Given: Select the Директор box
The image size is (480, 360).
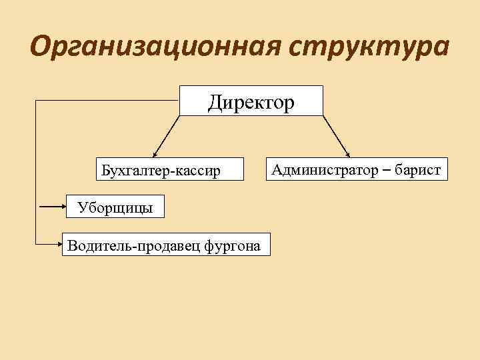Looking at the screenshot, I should (x=251, y=101).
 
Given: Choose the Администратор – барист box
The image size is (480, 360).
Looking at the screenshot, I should (x=355, y=169).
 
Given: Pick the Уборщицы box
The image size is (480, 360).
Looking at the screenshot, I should (x=115, y=207).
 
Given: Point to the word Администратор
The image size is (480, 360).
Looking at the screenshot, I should (x=324, y=169).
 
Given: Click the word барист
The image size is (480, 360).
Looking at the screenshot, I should (x=417, y=169).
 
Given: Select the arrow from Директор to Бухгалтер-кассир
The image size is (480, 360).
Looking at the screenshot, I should (x=167, y=136).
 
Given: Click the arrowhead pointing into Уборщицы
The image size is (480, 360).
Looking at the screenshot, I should (x=64, y=207).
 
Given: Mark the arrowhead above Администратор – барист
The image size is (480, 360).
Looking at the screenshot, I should (x=348, y=151).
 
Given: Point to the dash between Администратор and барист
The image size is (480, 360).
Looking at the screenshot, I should (x=386, y=170).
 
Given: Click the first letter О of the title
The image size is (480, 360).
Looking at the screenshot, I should (x=41, y=48).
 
